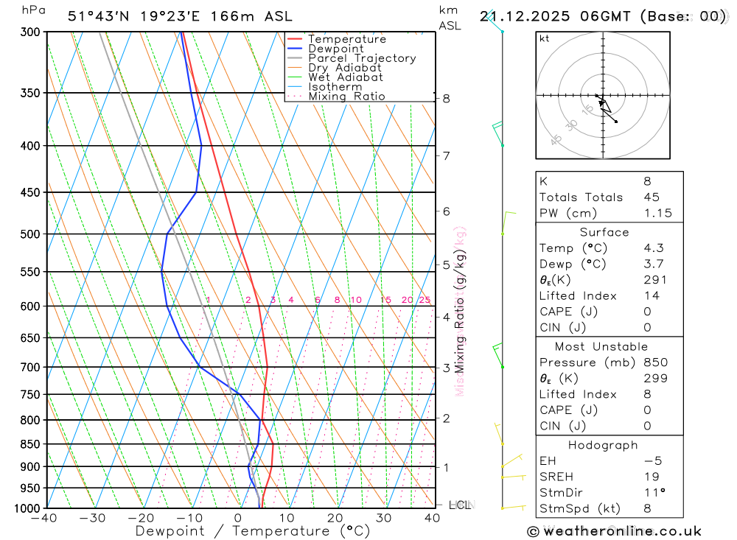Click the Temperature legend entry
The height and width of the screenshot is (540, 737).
point(346,39)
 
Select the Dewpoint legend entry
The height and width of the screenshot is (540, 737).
point(335,49)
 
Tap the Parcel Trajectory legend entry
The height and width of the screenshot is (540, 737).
point(362,58)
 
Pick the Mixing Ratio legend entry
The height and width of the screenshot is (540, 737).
point(346,97)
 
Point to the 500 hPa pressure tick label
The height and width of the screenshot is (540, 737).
point(30,234)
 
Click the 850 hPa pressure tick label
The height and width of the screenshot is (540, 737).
point(30,444)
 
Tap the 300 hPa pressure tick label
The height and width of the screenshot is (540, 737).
point(30,32)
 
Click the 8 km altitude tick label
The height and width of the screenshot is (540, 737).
point(447,99)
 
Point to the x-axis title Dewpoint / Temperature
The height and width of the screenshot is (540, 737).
point(253,531)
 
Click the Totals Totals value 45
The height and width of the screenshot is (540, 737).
point(652,197)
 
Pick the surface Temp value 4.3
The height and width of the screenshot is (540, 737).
point(653,248)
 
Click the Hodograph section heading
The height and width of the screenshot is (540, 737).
point(603,445)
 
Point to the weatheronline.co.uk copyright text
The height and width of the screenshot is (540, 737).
point(614,531)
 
